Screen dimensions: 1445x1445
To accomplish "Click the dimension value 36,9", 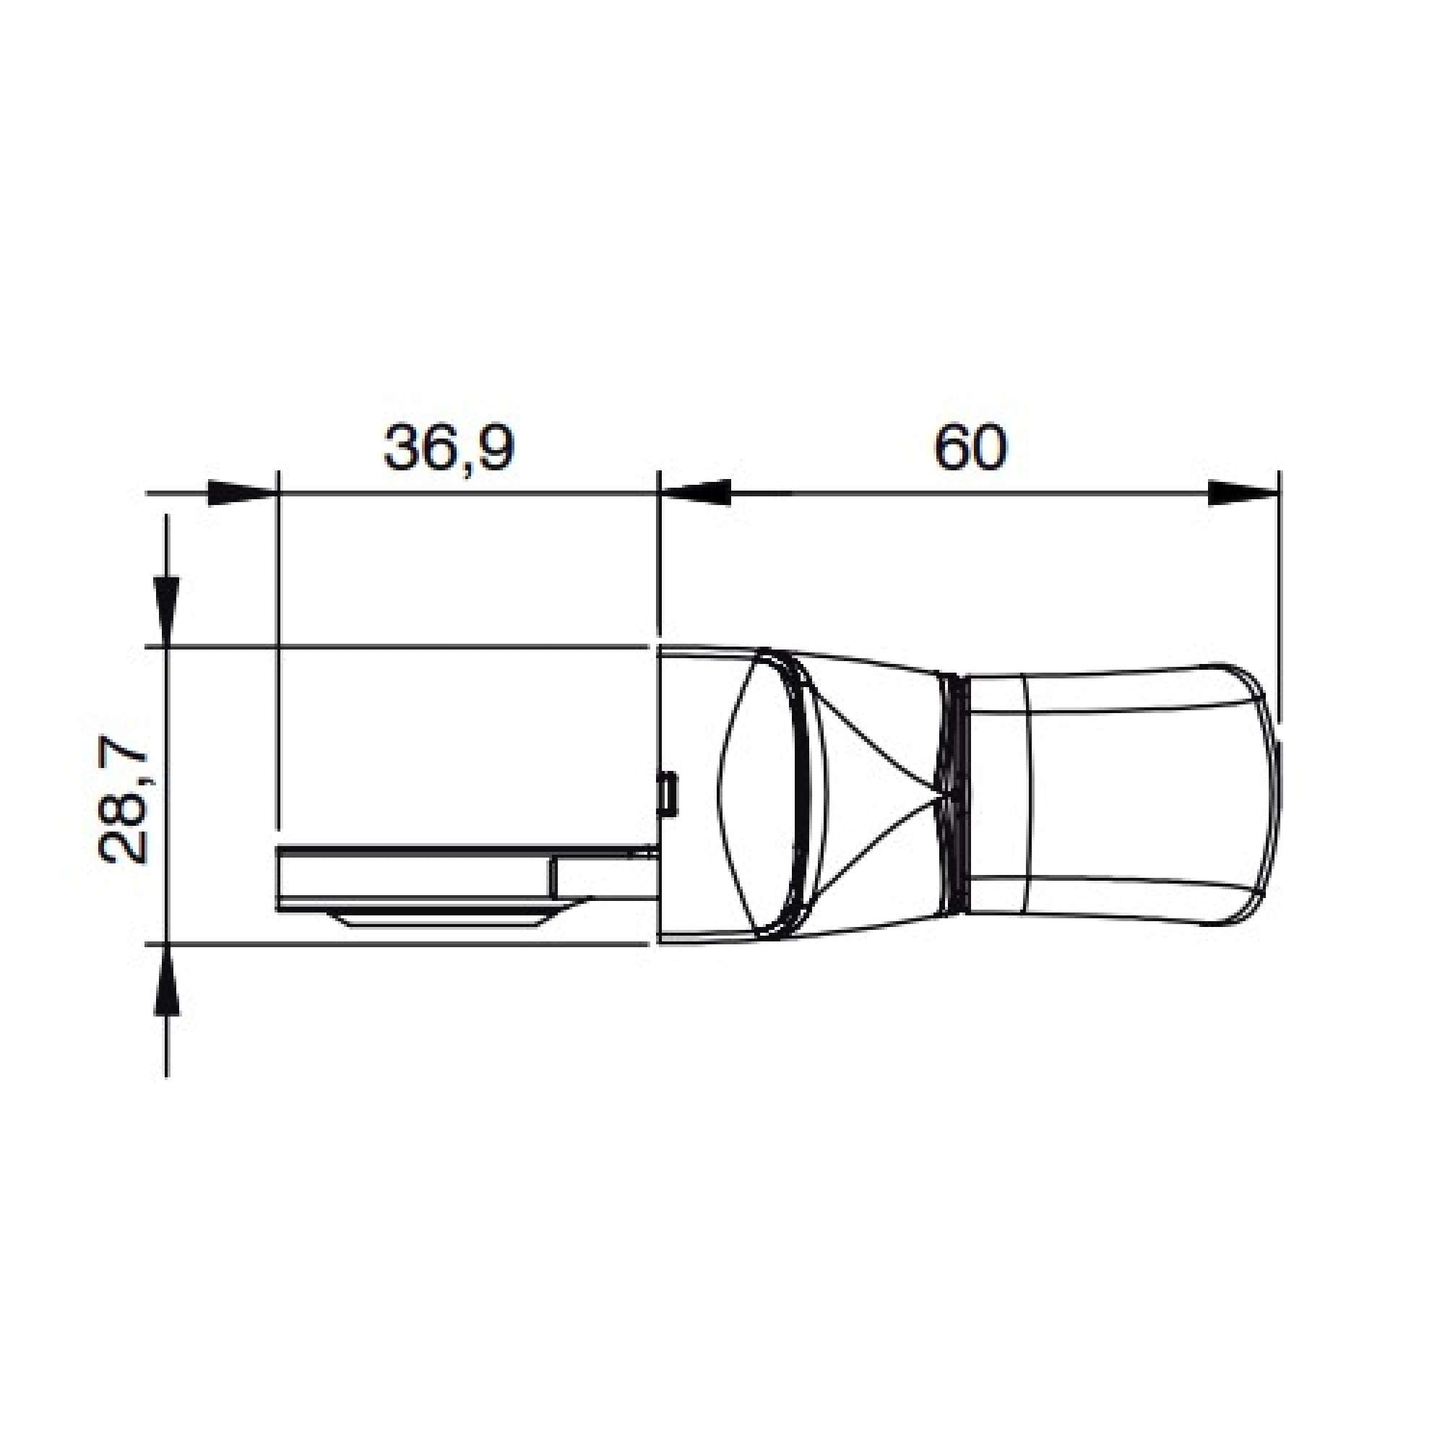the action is pos(449,449).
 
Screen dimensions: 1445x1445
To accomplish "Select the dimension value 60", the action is pos(971,447).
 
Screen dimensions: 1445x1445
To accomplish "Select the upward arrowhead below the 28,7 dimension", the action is pos(166,979).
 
